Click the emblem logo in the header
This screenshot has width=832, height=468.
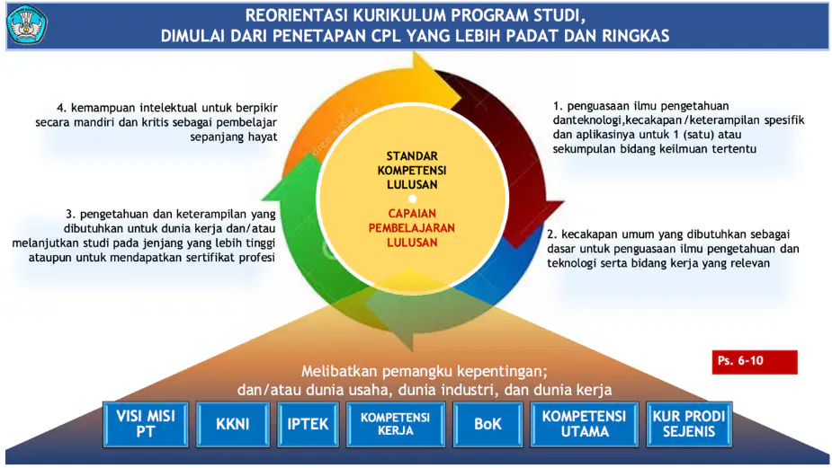tap(26, 24)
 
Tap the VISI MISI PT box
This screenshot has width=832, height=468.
tap(146, 424)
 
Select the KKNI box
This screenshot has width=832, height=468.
tap(232, 424)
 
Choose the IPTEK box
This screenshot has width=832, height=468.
tap(308, 424)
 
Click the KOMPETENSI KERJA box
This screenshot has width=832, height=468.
tap(395, 424)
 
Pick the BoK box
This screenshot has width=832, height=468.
tap(488, 424)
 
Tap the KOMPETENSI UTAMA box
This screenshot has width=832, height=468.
tap(585, 424)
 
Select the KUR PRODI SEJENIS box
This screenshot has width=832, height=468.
tap(689, 424)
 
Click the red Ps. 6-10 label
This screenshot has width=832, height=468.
tap(755, 362)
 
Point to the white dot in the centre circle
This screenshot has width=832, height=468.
tap(412, 199)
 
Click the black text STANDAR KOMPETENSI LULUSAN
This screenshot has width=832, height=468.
tap(412, 170)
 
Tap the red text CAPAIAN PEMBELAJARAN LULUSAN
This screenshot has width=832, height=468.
tap(412, 228)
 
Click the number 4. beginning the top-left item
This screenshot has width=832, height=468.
tap(61, 108)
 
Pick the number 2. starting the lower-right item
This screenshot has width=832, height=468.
tap(552, 234)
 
